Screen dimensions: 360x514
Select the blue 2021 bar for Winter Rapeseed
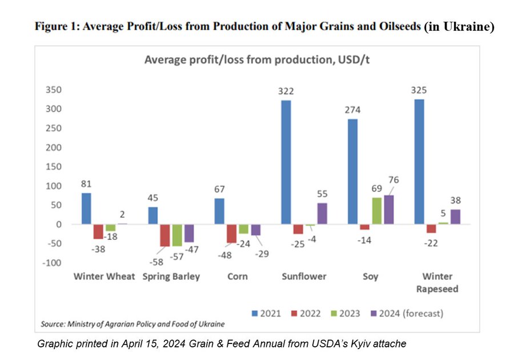pos(419,162)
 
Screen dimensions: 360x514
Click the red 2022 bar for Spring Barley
pos(165,235)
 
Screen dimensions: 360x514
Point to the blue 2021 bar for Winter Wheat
pos(86,209)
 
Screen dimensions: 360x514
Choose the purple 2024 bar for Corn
pos(256,230)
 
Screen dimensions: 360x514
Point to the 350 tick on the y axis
pos(54,90)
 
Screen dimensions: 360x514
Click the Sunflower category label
pos(304,277)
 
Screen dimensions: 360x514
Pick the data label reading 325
pos(419,90)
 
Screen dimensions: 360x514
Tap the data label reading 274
pos(352,110)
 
